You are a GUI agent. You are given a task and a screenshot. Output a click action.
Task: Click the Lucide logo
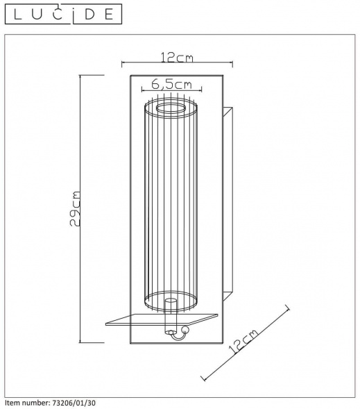63,14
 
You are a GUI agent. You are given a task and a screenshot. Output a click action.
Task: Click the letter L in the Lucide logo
18,15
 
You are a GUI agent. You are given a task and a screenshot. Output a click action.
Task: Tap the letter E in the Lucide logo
109,15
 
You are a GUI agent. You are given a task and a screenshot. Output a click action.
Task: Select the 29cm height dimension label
75,209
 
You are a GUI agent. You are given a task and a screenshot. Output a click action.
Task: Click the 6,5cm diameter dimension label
171,84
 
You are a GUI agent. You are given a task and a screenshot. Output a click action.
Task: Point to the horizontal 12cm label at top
177,58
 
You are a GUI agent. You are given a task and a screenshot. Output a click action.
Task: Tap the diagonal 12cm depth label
243,341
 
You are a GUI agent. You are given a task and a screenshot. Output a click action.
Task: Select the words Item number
26,403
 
